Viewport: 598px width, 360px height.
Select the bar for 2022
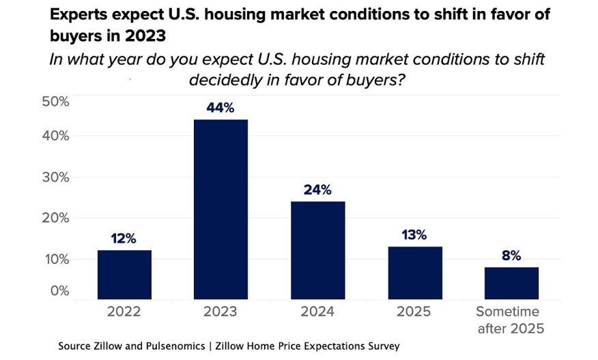pyautogui.click(x=124, y=275)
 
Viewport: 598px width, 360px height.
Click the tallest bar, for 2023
pyautogui.click(x=220, y=209)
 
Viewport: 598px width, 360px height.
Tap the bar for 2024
pyautogui.click(x=317, y=250)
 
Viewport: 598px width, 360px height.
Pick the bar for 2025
pyautogui.click(x=414, y=273)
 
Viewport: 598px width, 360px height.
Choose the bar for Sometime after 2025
pyautogui.click(x=511, y=283)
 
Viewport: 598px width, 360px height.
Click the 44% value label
pyautogui.click(x=220, y=108)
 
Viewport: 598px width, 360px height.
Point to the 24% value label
pyautogui.click(x=317, y=190)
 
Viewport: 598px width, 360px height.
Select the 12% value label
pyautogui.click(x=124, y=238)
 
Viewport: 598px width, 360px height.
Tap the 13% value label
pyautogui.click(x=414, y=235)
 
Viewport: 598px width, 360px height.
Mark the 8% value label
pyautogui.click(x=511, y=255)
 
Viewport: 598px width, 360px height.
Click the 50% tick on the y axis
pyautogui.click(x=55, y=101)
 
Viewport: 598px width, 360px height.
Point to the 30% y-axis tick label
pyautogui.click(x=55, y=177)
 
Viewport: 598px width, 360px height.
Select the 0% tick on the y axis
pyautogui.click(x=59, y=290)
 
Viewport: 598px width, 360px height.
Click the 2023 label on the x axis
pyautogui.click(x=220, y=311)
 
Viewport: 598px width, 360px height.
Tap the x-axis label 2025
pyautogui.click(x=414, y=311)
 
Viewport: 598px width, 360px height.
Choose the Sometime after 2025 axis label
pyautogui.click(x=511, y=320)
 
